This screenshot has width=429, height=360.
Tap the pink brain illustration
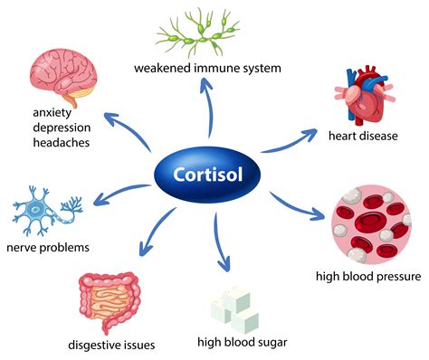click(63, 73)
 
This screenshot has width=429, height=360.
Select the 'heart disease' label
click(366, 137)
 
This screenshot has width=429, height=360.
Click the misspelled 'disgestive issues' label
click(111, 344)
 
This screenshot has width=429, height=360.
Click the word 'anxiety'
click(52, 114)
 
